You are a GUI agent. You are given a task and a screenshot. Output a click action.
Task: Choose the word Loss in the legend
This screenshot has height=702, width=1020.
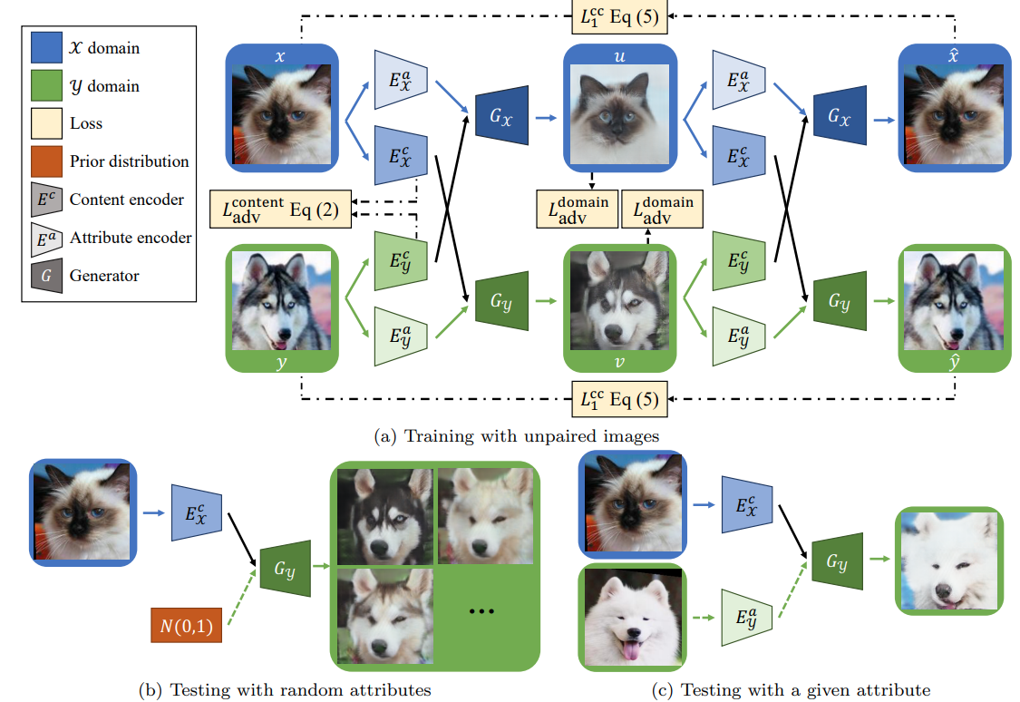(86, 123)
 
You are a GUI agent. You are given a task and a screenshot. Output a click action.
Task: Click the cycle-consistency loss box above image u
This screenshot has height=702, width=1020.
(620, 16)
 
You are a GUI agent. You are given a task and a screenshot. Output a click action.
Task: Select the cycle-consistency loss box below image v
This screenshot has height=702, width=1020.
(620, 398)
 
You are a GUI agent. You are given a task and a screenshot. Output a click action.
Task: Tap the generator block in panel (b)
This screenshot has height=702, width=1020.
(285, 570)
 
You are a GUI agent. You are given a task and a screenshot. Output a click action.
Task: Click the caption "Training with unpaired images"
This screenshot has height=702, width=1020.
(517, 435)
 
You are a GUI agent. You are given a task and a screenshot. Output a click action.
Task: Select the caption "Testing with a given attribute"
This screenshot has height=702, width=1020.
(791, 689)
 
